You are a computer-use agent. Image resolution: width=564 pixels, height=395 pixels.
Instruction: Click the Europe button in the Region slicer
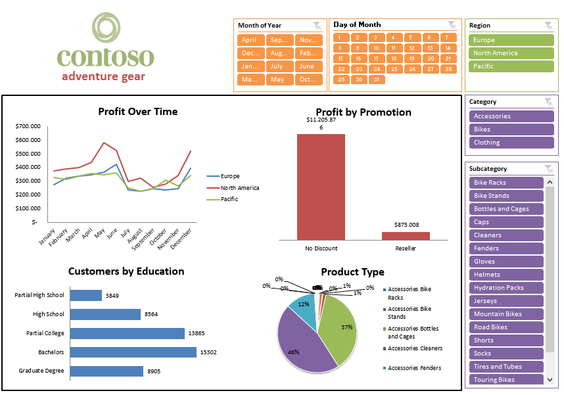[511, 40]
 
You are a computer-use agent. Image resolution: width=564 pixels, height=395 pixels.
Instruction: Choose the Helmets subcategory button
[507, 275]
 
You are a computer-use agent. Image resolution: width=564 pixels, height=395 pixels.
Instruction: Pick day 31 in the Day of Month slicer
[376, 80]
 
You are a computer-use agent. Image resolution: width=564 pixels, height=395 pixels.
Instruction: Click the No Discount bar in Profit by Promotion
[321, 187]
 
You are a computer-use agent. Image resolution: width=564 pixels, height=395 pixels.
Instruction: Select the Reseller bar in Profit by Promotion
[406, 235]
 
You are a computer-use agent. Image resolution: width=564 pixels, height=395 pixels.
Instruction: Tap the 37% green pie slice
[339, 329]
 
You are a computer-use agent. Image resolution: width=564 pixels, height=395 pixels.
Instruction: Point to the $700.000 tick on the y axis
[28, 126]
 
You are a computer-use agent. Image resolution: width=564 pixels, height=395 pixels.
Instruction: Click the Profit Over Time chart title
[137, 112]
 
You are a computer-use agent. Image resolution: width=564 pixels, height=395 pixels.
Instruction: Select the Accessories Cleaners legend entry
[415, 348]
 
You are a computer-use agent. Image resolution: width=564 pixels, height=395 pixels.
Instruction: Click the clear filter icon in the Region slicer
[548, 26]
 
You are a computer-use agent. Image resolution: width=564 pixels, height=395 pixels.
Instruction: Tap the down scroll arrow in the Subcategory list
[550, 379]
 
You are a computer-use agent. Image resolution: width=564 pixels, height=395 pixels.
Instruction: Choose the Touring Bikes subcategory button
[507, 380]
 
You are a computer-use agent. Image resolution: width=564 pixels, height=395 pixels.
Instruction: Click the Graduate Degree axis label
[41, 371]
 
